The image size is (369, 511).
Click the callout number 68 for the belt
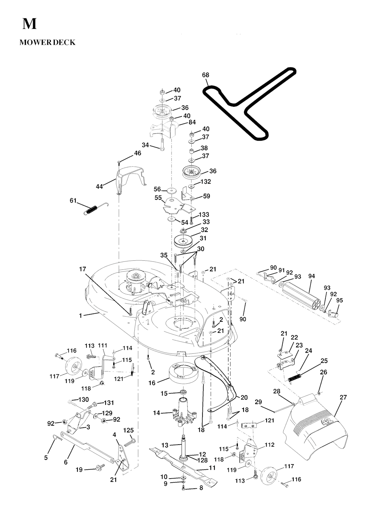click(x=205, y=75)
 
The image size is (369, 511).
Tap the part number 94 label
click(x=312, y=276)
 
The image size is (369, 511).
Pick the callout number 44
click(x=99, y=186)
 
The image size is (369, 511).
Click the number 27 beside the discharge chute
click(x=343, y=397)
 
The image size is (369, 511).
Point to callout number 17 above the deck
click(x=83, y=269)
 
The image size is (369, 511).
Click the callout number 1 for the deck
click(x=81, y=316)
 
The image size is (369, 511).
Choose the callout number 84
click(x=192, y=122)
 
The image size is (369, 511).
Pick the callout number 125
click(x=129, y=430)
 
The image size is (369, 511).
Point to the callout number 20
click(x=244, y=397)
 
